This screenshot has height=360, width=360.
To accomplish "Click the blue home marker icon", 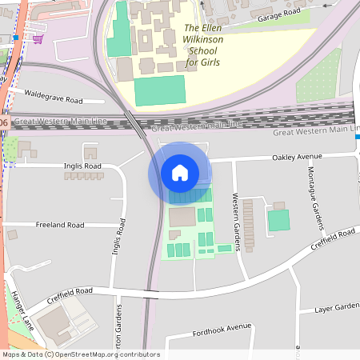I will pyautogui.click(x=179, y=173).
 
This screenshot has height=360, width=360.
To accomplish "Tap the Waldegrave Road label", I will pyautogui.click(x=54, y=101).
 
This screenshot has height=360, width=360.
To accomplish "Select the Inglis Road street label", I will pyautogui.click(x=82, y=166).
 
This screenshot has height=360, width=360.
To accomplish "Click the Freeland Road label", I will pyautogui.click(x=60, y=226).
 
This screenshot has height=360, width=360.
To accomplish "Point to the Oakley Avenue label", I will pyautogui.click(x=302, y=157).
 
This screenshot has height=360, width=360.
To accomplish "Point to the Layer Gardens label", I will pyautogui.click(x=336, y=308).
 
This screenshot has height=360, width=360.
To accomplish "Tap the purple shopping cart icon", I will pyautogui.click(x=38, y=38).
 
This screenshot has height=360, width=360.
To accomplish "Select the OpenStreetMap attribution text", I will pyautogui.click(x=81, y=354).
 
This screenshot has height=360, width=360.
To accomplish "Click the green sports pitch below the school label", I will pyautogui.click(x=159, y=90).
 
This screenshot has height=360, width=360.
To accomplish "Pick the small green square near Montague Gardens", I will pyautogui.click(x=278, y=220).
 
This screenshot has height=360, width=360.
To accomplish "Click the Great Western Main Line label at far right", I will pyautogui.click(x=316, y=131).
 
